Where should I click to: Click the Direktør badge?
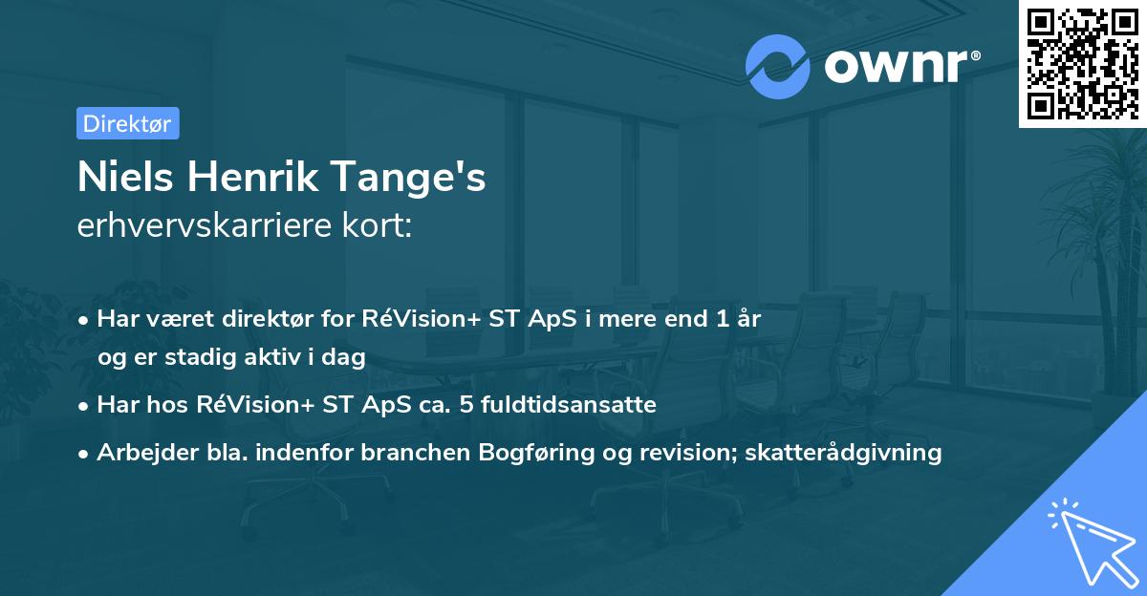[127, 123]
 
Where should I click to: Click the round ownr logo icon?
[778, 67]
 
